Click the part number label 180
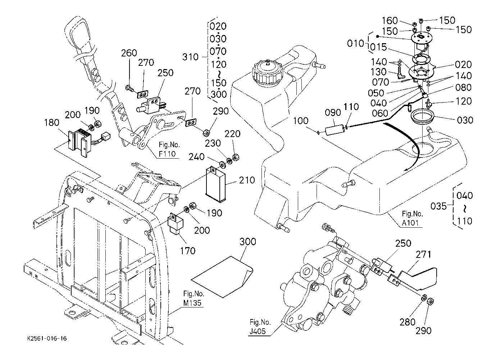tap(51, 123)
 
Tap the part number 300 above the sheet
tap(247, 242)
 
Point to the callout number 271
tap(423, 255)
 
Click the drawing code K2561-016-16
tap(47, 339)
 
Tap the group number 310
tap(190, 57)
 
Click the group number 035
tap(438, 206)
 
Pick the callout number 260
tap(129, 53)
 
